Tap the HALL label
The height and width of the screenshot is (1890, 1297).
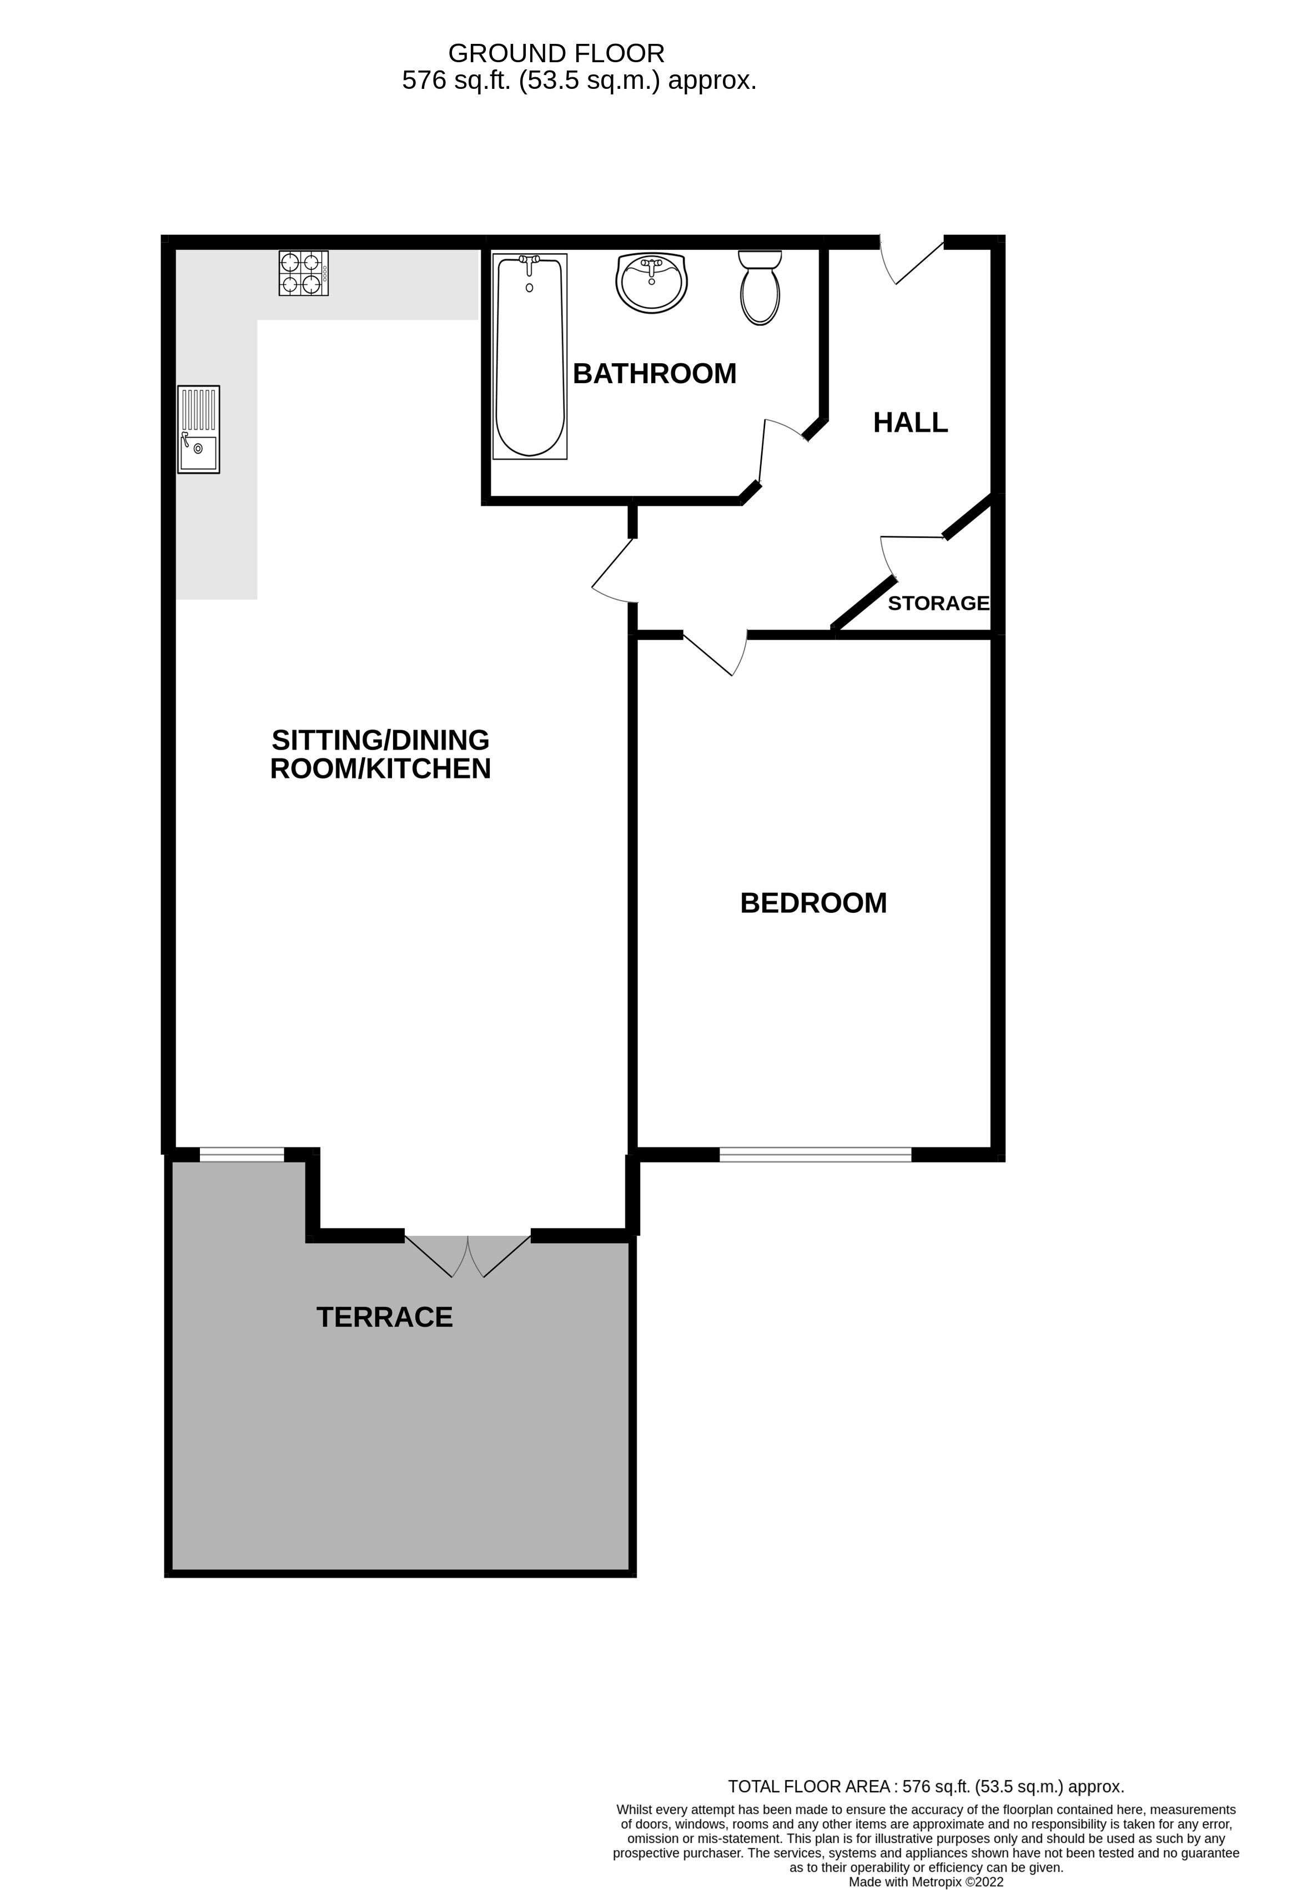tap(910, 423)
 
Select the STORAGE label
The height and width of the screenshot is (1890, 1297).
tap(938, 604)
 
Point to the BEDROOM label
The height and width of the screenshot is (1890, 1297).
tap(813, 903)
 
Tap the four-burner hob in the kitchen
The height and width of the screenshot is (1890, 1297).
tap(303, 273)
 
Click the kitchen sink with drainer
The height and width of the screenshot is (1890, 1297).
tap(198, 429)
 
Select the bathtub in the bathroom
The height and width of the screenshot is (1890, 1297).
tap(529, 356)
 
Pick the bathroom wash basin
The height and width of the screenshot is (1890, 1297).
tap(651, 282)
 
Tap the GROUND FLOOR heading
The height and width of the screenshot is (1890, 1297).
tap(556, 54)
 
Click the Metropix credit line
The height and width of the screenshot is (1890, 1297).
tap(926, 1881)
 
